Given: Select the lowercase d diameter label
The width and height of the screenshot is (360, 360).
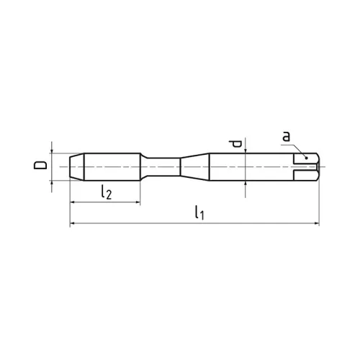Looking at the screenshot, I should pos(234,145).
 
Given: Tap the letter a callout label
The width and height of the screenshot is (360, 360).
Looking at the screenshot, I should pos(286,137).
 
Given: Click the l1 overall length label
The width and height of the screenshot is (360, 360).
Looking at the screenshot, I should pos(199,214).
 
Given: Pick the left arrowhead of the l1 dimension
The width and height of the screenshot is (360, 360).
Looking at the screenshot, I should pos(73,225).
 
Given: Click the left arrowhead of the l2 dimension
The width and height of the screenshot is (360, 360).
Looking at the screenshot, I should pos(73,202).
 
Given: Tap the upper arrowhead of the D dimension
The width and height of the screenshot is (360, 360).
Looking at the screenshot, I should pos(52,149).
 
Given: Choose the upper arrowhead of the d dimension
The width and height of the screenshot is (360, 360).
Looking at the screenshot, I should pos(247,149).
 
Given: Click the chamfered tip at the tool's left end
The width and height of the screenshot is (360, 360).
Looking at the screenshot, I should pos(76,166).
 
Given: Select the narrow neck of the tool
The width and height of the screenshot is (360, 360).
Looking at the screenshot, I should pos(164,166).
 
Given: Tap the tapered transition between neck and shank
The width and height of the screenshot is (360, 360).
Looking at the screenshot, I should pos(193,166).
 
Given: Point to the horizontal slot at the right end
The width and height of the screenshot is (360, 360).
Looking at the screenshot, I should pos(306,166).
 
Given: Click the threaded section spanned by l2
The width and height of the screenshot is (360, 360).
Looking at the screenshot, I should pos(108,166).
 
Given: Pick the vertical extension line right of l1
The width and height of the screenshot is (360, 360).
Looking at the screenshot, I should pos(318,202).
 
